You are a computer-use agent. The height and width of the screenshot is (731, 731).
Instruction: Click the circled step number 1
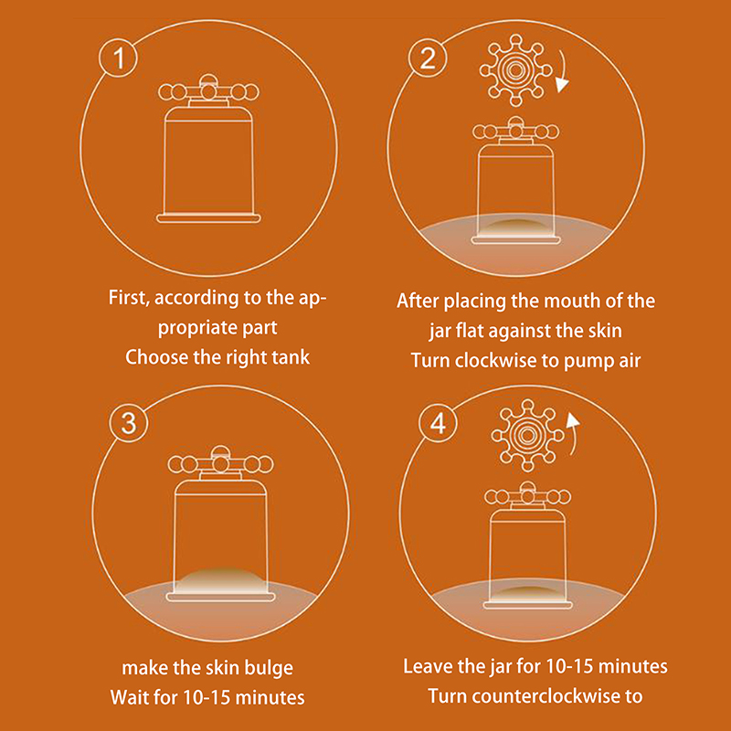pyautogui.click(x=118, y=58)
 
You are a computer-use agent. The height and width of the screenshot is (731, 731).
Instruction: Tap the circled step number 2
pyautogui.click(x=428, y=58)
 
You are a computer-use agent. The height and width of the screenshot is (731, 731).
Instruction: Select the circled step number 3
pyautogui.click(x=129, y=423)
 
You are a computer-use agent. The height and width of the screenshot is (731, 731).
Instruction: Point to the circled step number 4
pyautogui.click(x=438, y=423)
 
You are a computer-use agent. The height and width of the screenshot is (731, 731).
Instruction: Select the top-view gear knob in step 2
pyautogui.click(x=515, y=70)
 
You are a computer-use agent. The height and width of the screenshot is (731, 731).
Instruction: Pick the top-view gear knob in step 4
pyautogui.click(x=527, y=435)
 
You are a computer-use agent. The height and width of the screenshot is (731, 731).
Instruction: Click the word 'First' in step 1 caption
pyautogui.click(x=128, y=298)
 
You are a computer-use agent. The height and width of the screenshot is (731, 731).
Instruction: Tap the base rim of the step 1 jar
pyautogui.click(x=208, y=217)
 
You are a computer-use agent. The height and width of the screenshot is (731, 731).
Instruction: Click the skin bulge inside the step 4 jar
pyautogui.click(x=527, y=593)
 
